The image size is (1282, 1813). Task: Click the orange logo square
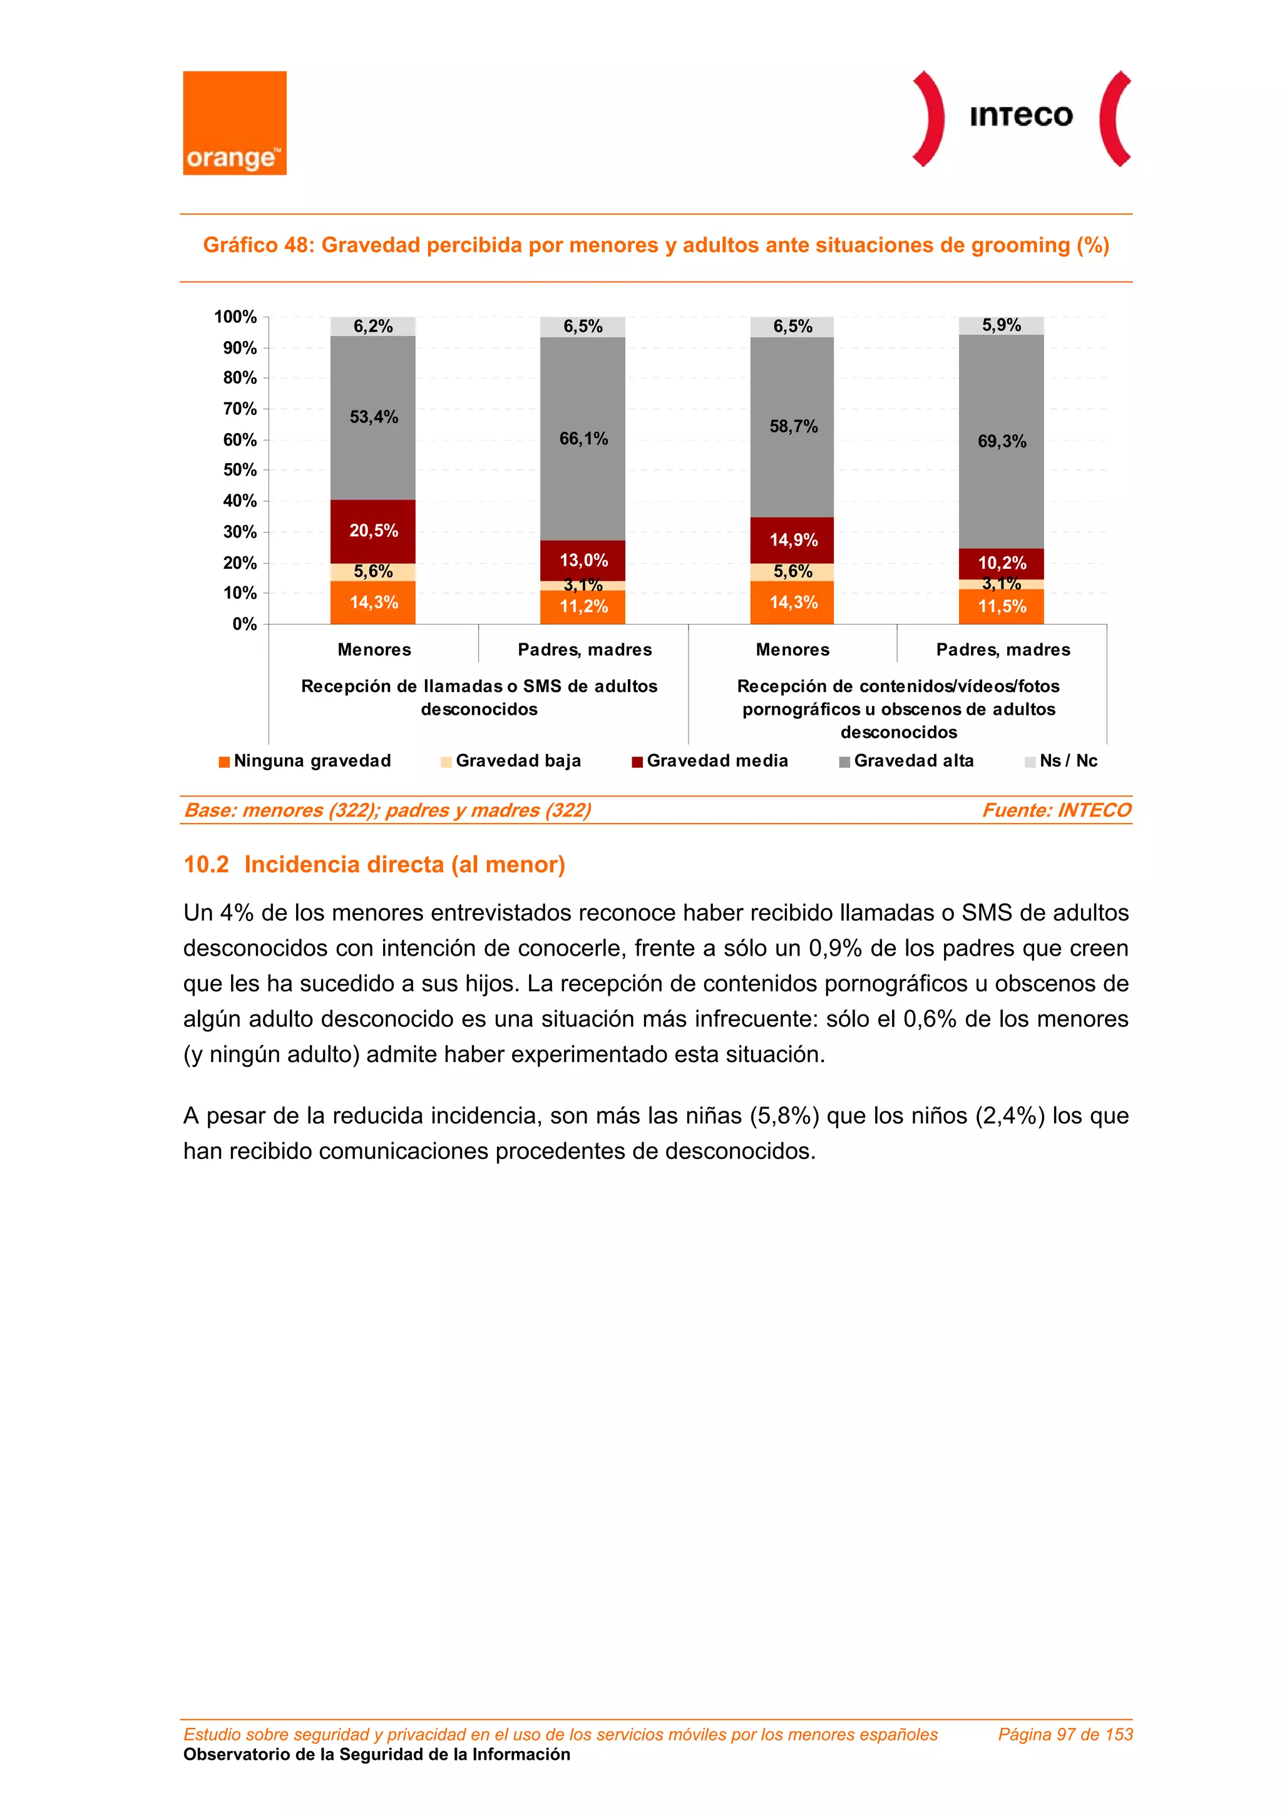235,123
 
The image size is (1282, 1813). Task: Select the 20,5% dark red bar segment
373,531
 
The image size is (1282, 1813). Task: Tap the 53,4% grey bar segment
373,417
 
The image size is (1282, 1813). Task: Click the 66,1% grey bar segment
583,439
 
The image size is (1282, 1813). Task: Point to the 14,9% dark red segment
792,540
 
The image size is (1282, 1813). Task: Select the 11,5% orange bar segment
1001,606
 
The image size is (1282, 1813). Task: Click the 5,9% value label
1001,325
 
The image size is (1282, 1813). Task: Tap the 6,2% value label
373,326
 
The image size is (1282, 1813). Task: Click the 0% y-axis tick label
244,625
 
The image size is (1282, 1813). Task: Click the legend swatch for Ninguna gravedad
224,762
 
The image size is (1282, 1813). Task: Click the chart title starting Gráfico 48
655,245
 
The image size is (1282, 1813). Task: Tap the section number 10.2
206,865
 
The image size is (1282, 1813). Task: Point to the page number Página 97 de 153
1065,1734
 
